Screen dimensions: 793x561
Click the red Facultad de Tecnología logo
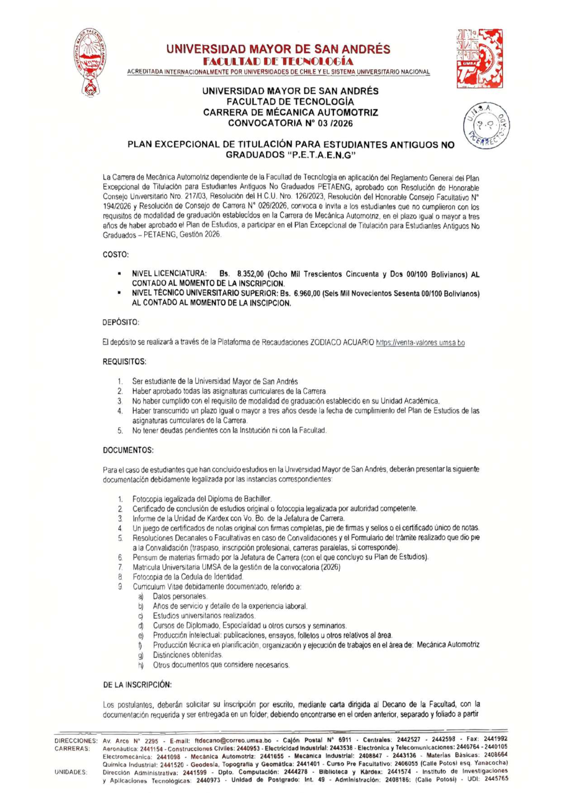[x=479, y=58]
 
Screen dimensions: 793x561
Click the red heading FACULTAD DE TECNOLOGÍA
[x=278, y=61]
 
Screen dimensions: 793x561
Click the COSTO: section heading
[x=116, y=254]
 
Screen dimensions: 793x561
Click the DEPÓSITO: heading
[x=121, y=322]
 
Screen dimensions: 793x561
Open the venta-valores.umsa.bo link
[x=420, y=342]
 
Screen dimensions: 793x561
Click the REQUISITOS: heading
[x=125, y=362]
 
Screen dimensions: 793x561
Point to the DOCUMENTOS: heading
[x=128, y=450]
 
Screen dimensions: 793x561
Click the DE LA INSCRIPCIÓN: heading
[x=137, y=685]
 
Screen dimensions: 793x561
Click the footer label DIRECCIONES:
[x=76, y=740]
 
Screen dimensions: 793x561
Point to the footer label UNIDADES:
[x=71, y=772]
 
